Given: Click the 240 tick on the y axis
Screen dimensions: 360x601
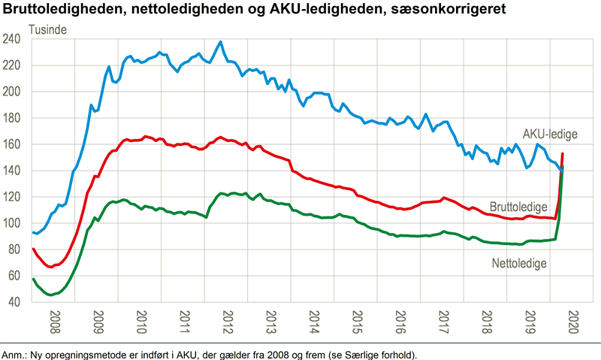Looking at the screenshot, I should tap(16, 39).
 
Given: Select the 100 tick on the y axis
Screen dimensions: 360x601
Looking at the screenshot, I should tap(16, 223).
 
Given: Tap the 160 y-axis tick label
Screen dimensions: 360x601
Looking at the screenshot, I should tap(16, 144).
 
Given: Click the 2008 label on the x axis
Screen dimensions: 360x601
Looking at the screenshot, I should tap(55, 324).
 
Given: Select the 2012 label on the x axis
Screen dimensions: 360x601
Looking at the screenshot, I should tap(226, 324).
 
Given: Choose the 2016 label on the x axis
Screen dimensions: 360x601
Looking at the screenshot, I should tap(399, 324).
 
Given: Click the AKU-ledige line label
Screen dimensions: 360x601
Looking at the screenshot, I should tap(550, 134).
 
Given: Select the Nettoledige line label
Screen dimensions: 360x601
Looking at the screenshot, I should tap(518, 264).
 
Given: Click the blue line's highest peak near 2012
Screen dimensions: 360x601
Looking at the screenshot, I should tap(220, 42).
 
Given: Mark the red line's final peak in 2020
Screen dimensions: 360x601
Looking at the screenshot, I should tap(563, 153).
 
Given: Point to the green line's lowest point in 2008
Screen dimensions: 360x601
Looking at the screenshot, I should tap(51, 295).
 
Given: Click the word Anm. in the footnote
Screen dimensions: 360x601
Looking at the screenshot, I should tap(14, 354).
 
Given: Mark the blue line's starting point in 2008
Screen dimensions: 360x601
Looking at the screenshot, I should tap(33, 232).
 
